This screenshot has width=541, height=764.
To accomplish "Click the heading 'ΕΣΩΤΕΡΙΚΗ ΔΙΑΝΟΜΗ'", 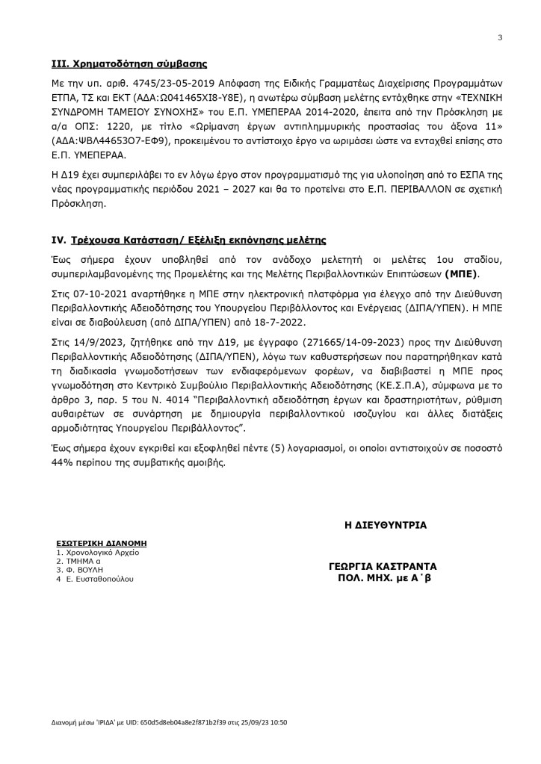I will [102, 543].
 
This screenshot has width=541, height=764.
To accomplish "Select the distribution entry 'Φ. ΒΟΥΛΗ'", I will [83, 569].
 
